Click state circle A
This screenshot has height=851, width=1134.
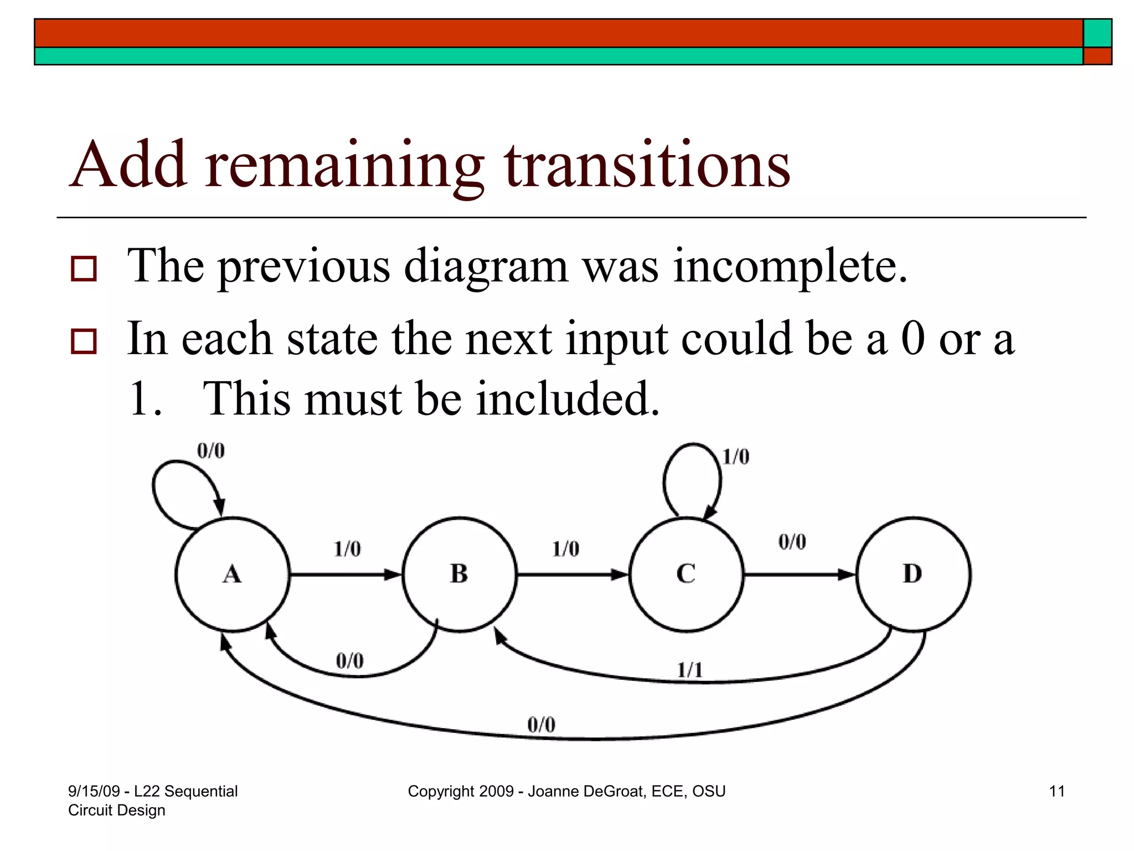(233, 574)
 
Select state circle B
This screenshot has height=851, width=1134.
(459, 574)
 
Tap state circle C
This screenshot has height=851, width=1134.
(686, 574)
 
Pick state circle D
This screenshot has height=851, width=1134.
(913, 574)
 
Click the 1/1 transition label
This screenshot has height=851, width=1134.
(690, 671)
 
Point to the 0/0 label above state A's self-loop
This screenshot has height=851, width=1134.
(211, 451)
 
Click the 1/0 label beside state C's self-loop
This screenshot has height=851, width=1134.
(736, 457)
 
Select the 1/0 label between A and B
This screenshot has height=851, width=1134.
(347, 549)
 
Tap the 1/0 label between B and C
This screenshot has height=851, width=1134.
(565, 549)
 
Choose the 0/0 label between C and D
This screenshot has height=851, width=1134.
(792, 542)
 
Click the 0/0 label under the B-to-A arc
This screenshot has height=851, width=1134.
(350, 661)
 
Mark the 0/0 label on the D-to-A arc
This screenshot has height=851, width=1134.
(541, 725)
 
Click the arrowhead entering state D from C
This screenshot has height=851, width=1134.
(847, 575)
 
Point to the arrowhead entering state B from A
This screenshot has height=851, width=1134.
(393, 575)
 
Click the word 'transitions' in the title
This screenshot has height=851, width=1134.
(647, 165)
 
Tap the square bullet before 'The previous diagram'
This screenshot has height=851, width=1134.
(84, 269)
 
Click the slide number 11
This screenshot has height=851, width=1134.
(1056, 791)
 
